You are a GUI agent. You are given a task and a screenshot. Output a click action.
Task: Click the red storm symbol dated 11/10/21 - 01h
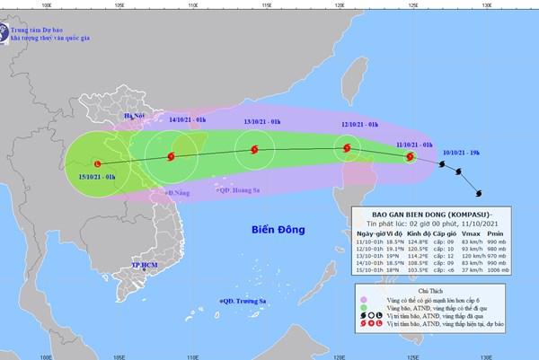click(410, 158)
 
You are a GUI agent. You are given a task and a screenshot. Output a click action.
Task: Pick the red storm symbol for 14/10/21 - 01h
click(172, 156)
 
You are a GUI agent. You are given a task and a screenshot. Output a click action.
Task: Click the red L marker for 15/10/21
click(97, 163)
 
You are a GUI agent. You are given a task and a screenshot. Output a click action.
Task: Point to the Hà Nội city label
click(134, 116)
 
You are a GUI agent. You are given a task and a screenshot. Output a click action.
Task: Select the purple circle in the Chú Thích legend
click(363, 301)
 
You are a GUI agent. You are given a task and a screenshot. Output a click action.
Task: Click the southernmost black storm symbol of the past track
click(479, 190)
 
